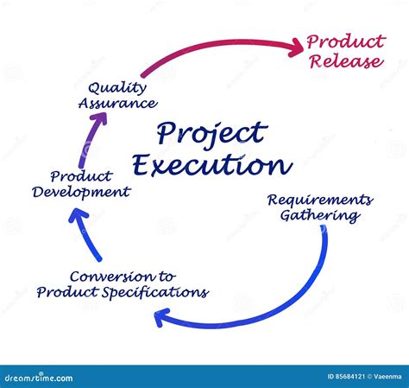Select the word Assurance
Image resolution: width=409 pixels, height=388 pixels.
[117, 103]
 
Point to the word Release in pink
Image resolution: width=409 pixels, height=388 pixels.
[345, 61]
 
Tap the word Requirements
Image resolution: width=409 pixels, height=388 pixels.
[319, 200]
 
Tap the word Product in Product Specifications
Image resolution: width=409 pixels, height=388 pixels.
[66, 292]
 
